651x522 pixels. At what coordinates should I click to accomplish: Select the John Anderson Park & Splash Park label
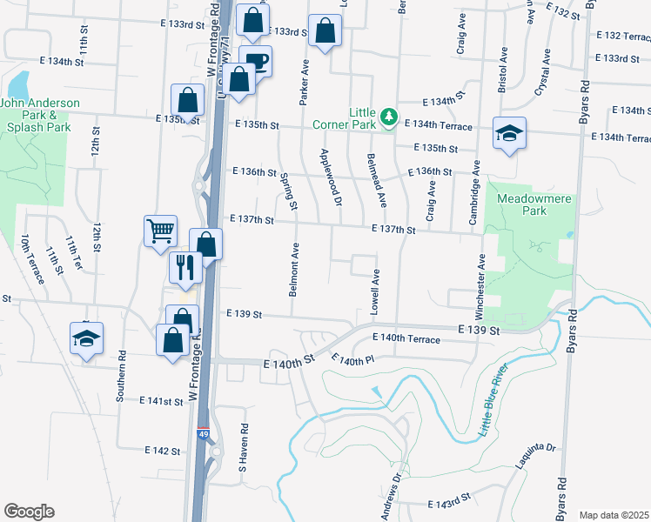[x=39, y=115]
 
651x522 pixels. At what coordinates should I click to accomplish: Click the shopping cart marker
[x=160, y=231]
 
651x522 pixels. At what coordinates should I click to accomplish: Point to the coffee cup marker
[x=256, y=62]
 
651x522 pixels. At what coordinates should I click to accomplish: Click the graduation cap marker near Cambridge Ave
[x=509, y=133]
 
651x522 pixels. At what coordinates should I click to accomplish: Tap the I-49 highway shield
[x=203, y=433]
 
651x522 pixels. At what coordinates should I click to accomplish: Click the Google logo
[x=29, y=512]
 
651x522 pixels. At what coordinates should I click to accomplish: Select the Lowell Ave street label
[x=375, y=291]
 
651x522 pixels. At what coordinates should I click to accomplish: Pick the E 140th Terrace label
[x=406, y=338]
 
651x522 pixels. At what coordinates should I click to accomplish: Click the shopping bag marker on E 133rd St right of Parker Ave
[x=325, y=31]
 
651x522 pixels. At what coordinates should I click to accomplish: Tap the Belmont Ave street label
[x=294, y=270]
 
